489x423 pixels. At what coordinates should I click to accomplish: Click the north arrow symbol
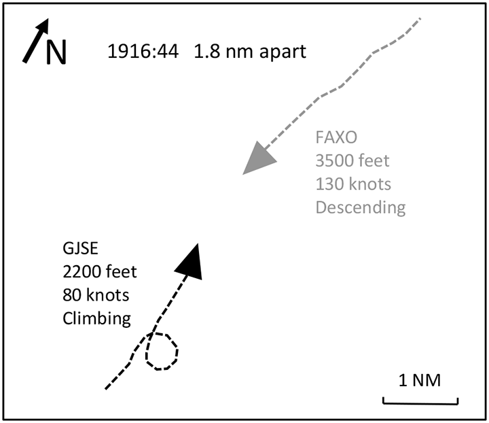(36, 40)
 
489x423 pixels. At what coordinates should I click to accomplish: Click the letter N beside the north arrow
(56, 52)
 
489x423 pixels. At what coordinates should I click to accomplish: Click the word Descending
(360, 207)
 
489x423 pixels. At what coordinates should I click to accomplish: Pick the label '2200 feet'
(99, 271)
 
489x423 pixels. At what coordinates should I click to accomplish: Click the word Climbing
(96, 318)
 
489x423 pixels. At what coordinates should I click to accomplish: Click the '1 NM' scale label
(420, 380)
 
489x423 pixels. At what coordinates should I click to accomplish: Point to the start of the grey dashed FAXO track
(420, 18)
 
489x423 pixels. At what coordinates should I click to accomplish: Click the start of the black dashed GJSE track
(106, 388)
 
